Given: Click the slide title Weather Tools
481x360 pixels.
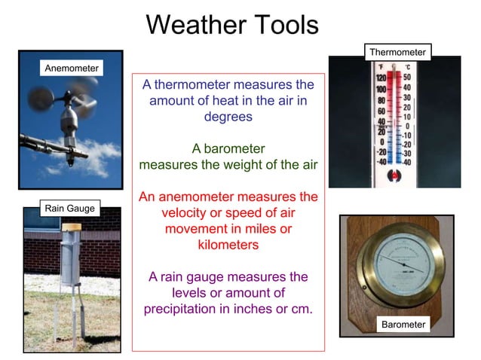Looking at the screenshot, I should tap(232, 24).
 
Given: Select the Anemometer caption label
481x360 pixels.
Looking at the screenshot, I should tap(72, 68).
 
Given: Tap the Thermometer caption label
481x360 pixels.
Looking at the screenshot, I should tap(398, 52).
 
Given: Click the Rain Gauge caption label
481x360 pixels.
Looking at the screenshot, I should tap(71, 208).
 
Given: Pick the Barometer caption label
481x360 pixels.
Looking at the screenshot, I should tap(403, 325).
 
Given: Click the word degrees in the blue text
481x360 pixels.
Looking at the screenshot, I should tap(228, 117).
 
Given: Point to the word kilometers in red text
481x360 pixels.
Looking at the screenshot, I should tap(228, 245).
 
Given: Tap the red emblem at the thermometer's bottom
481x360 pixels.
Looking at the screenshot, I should tap(394, 175).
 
